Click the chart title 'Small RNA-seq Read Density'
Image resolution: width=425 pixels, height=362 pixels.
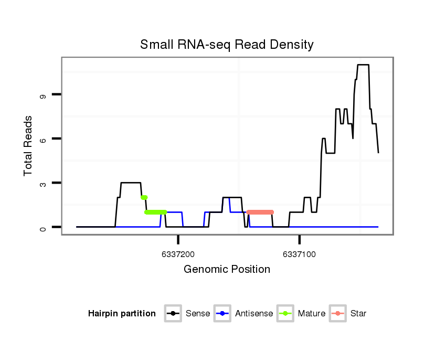[x=227, y=45]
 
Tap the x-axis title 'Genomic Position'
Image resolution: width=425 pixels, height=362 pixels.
[x=227, y=270]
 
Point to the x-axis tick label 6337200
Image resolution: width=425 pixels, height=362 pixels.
[x=178, y=254]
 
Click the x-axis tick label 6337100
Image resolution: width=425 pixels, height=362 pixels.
[x=299, y=254]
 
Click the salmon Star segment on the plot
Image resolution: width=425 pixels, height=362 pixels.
[x=260, y=212]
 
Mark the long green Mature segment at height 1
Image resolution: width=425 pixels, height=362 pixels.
[x=155, y=212]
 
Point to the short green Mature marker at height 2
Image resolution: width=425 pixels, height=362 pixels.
[x=144, y=197]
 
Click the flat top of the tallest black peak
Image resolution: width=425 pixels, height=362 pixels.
[x=363, y=65]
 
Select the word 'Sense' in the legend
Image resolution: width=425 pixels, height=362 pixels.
[x=198, y=314]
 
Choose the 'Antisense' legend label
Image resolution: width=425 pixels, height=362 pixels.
[x=254, y=314]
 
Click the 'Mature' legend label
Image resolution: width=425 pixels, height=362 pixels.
[x=311, y=314]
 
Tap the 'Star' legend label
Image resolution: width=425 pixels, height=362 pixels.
[x=358, y=314]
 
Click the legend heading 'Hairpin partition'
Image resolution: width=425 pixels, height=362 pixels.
[x=122, y=314]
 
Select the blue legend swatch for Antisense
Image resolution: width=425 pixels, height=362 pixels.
[x=222, y=314]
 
